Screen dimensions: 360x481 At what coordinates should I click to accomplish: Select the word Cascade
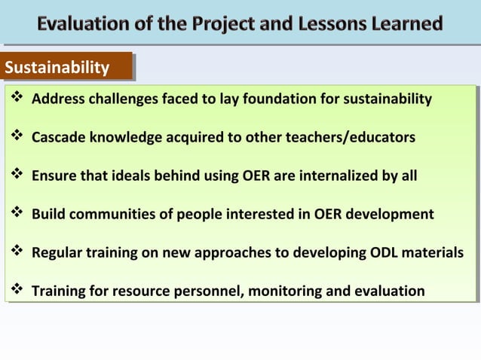tap(58, 138)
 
